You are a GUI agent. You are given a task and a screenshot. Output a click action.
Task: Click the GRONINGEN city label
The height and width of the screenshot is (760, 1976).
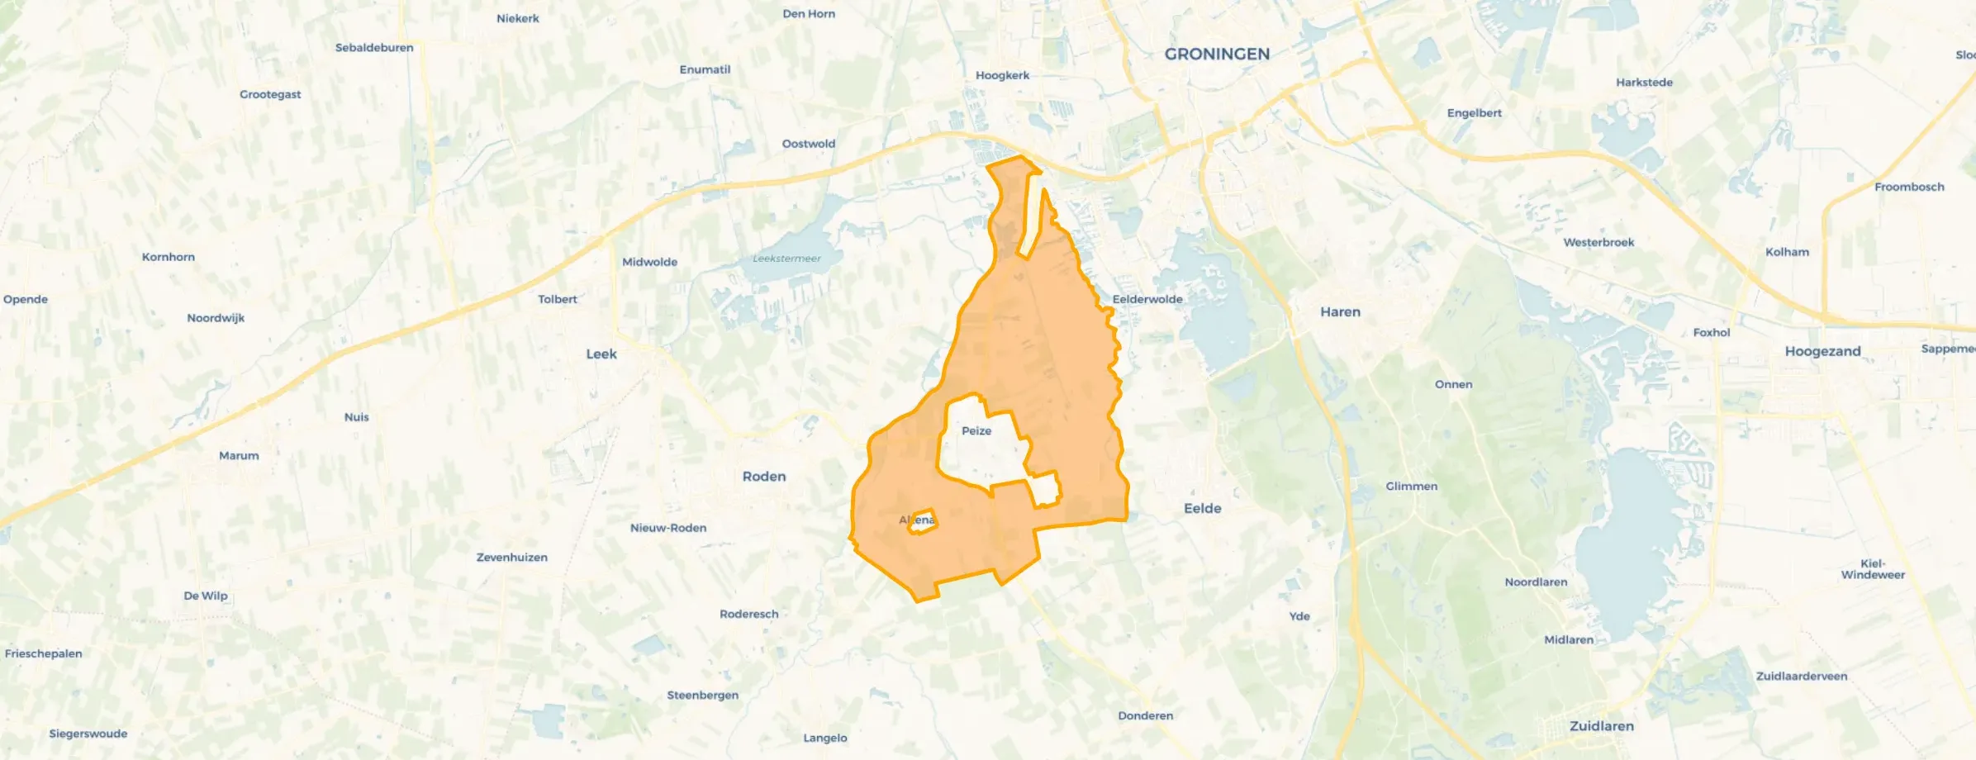pyautogui.click(x=1217, y=55)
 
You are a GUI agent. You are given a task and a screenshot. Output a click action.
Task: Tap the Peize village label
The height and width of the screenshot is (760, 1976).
pyautogui.click(x=976, y=431)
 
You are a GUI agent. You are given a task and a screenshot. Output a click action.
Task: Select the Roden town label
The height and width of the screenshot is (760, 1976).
pyautogui.click(x=764, y=477)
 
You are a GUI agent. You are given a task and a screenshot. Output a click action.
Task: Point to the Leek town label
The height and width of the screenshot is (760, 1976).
pyautogui.click(x=601, y=354)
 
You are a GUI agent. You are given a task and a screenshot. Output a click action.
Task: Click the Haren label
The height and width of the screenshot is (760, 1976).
pyautogui.click(x=1340, y=312)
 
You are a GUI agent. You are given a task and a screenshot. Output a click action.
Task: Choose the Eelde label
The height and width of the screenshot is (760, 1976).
pyautogui.click(x=1202, y=509)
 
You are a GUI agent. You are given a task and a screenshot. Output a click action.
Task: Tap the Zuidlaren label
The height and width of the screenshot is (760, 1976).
pyautogui.click(x=1601, y=726)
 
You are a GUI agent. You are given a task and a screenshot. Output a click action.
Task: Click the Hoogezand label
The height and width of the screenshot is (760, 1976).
pyautogui.click(x=1822, y=351)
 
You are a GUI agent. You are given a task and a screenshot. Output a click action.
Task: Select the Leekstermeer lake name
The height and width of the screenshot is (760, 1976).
pyautogui.click(x=786, y=259)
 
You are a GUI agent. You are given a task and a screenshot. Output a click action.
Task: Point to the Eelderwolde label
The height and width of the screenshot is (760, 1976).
pyautogui.click(x=1147, y=299)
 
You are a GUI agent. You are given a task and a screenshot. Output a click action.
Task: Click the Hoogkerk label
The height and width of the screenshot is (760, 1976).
pyautogui.click(x=1002, y=75)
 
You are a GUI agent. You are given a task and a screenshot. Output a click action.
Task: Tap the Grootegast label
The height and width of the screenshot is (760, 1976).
pyautogui.click(x=270, y=94)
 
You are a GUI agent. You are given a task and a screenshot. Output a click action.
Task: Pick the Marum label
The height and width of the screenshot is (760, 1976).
pyautogui.click(x=239, y=456)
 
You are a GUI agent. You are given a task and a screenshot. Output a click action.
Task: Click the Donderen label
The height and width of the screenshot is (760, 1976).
pyautogui.click(x=1145, y=715)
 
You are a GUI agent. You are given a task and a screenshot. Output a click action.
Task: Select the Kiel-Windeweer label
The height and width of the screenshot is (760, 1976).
pyautogui.click(x=1873, y=569)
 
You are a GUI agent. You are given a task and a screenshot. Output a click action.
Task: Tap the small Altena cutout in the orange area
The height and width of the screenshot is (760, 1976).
pyautogui.click(x=921, y=521)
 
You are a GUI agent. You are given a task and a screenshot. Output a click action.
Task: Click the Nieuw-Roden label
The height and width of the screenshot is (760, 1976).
pyautogui.click(x=668, y=528)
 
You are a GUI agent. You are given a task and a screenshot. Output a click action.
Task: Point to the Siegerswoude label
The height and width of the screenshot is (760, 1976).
pyautogui.click(x=88, y=734)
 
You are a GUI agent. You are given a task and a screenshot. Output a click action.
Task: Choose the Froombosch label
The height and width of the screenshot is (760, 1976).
pyautogui.click(x=1909, y=187)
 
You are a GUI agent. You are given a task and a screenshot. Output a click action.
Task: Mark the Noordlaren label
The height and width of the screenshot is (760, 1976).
pyautogui.click(x=1536, y=582)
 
